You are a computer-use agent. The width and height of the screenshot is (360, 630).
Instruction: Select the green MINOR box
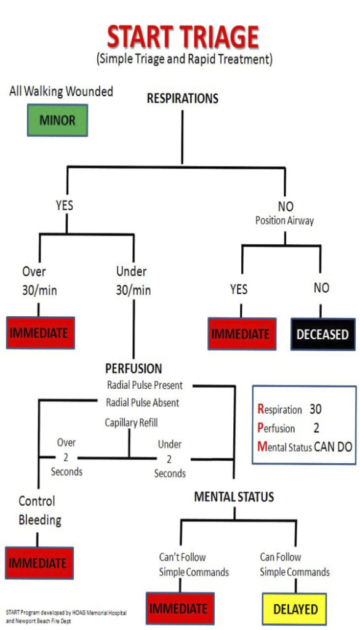pos(57,120)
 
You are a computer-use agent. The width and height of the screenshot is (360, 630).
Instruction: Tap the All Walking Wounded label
pos(61,92)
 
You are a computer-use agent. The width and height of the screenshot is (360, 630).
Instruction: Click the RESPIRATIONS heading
pos(182,98)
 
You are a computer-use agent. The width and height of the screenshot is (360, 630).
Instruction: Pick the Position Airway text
pos(284,220)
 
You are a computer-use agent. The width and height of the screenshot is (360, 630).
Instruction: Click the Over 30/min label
pos(39,281)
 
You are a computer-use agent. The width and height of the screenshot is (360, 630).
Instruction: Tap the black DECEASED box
pos(322,335)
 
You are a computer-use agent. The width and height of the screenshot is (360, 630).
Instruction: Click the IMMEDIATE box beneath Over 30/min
pos(40,333)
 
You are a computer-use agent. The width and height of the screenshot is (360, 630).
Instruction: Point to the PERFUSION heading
pos(134,369)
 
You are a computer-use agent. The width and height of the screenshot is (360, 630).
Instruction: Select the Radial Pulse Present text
pos(145,386)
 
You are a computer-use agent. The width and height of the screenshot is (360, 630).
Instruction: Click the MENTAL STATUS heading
pos(234,496)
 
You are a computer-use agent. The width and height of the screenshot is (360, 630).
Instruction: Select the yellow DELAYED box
pos(295,608)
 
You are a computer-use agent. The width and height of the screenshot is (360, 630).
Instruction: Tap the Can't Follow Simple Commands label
pos(194,564)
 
